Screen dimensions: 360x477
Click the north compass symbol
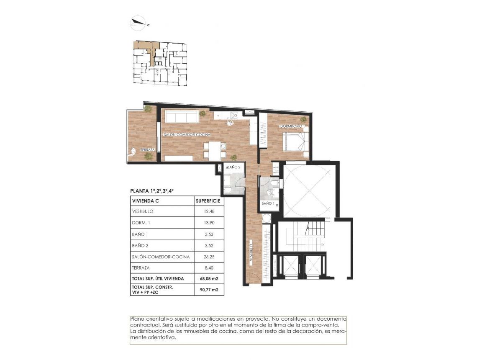[138, 23]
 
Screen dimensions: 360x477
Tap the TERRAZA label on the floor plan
[148, 150]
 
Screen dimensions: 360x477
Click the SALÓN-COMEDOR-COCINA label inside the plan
[187, 135]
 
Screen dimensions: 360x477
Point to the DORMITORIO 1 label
[292, 126]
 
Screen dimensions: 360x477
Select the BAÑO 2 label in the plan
[233, 167]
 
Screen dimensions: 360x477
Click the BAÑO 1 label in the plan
[268, 203]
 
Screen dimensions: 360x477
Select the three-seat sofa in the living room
[182, 116]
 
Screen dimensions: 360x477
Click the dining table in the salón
[215, 151]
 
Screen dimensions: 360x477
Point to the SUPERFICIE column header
[208, 201]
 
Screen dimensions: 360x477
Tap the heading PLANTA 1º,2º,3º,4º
[152, 190]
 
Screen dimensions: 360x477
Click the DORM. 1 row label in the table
[141, 223]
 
